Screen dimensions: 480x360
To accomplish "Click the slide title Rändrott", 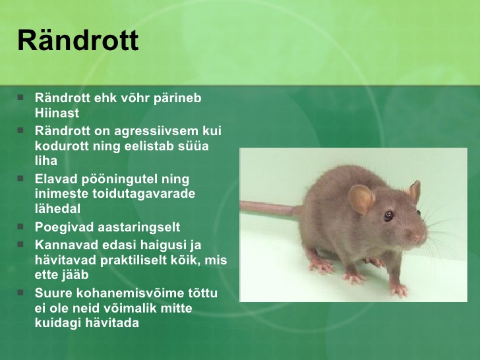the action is [x=78, y=40].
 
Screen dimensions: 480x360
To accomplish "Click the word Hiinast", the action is [x=57, y=113].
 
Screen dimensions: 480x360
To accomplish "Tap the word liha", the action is [x=46, y=160].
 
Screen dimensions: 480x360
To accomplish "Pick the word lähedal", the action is [x=57, y=208].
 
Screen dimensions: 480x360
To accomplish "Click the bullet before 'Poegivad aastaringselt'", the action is [x=20, y=227].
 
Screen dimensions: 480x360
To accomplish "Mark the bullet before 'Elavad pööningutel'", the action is [x=20, y=178].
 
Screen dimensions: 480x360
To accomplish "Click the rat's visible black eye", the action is [x=388, y=216].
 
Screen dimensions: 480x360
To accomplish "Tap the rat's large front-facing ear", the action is [x=361, y=199].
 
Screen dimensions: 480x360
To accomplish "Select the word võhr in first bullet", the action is [x=134, y=98].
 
